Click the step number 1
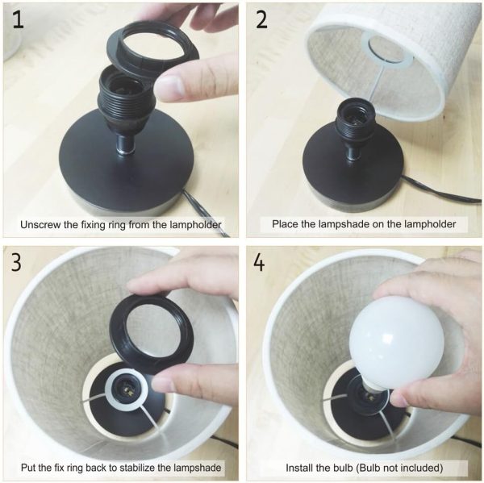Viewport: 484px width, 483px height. (18, 20)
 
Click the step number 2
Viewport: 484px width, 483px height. (261, 20)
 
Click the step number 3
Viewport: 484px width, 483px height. (16, 262)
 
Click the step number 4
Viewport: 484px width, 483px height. (259, 263)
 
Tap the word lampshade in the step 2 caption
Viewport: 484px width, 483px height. (344, 223)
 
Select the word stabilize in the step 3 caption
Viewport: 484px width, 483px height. (138, 467)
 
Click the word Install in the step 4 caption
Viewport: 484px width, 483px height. (297, 468)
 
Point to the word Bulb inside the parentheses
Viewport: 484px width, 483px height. (370, 468)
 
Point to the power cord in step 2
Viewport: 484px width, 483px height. (441, 190)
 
